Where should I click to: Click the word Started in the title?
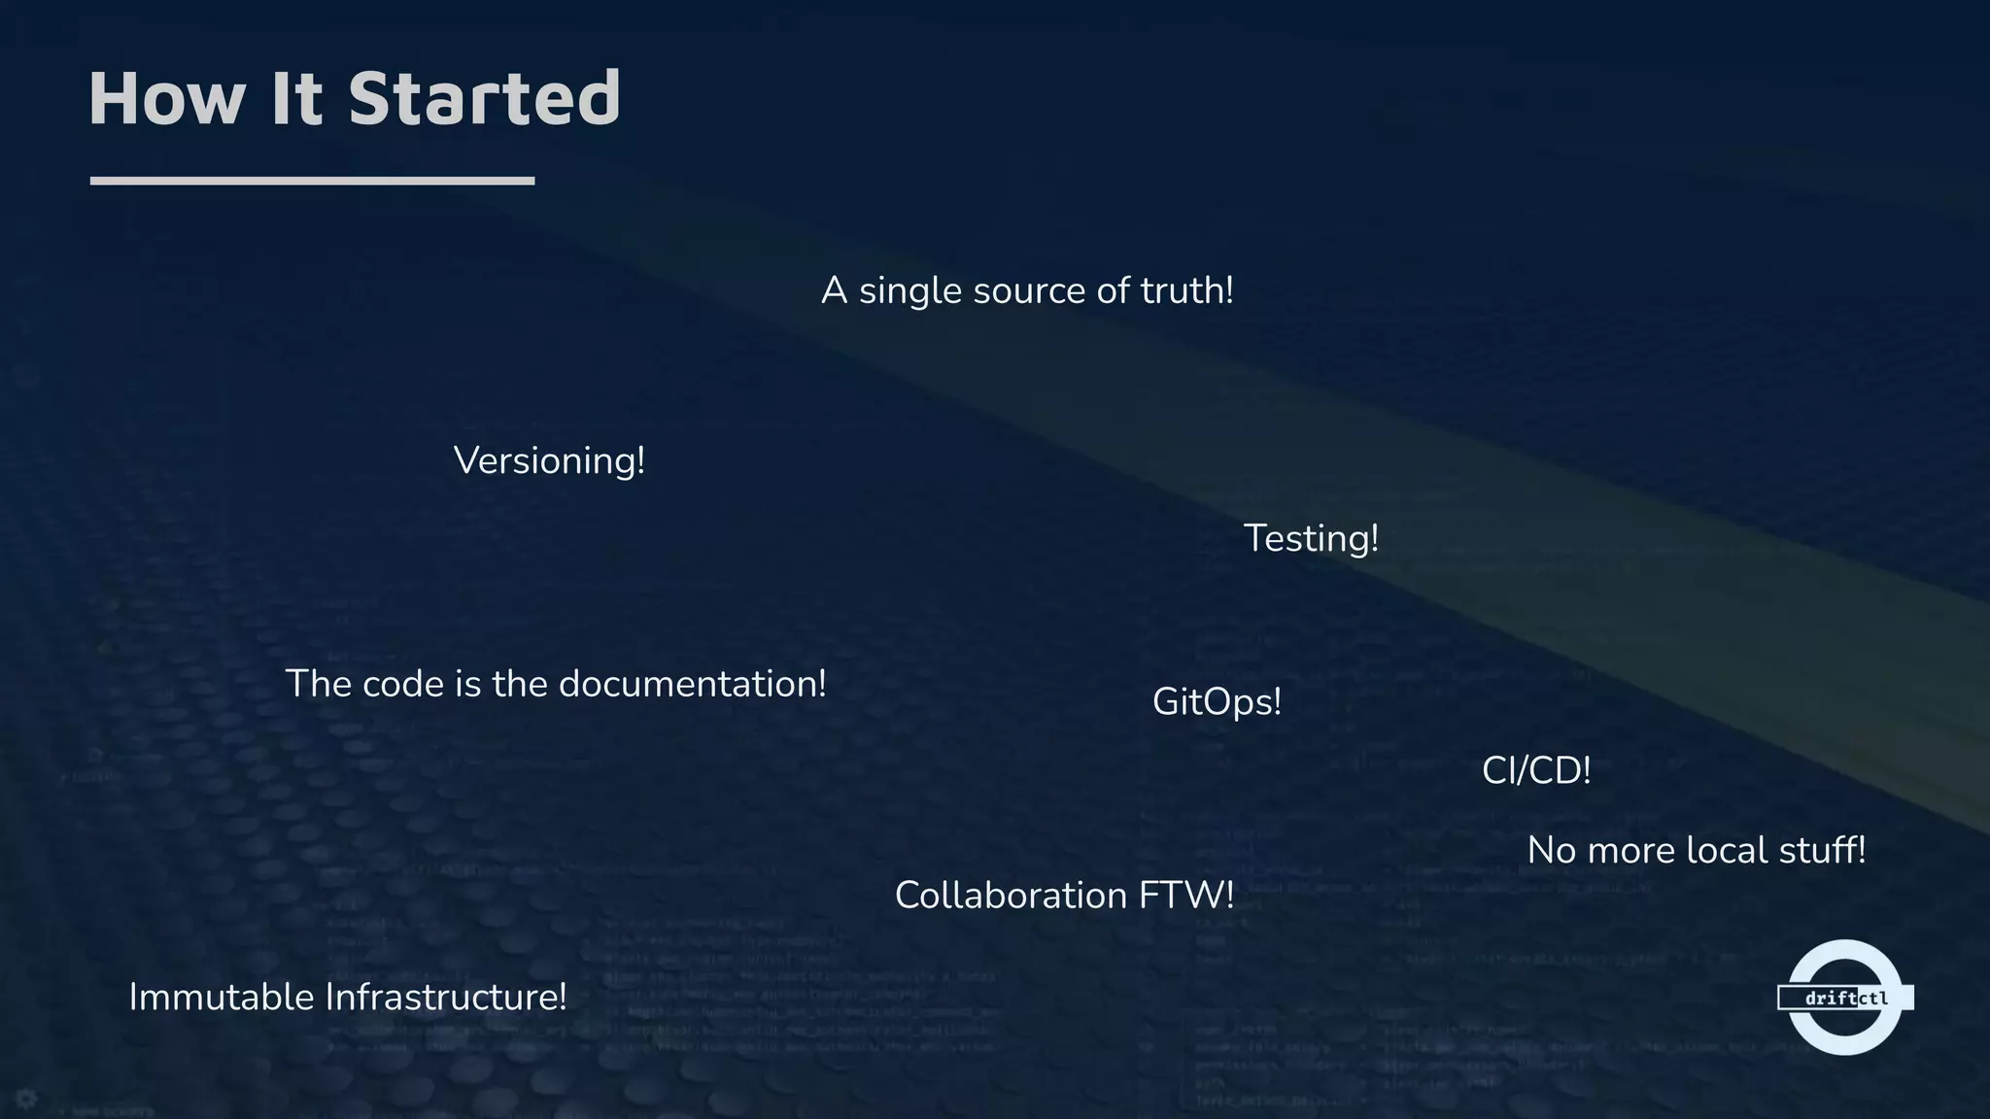(x=484, y=99)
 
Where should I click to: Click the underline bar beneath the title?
(x=312, y=181)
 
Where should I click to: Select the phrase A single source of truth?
(x=1027, y=290)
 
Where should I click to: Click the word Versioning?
(x=549, y=460)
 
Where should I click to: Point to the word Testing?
(x=1311, y=538)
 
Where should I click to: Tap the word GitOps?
(x=1217, y=701)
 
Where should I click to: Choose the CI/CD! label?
(x=1536, y=771)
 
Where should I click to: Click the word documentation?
(x=693, y=684)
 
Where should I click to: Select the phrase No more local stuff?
(x=1697, y=851)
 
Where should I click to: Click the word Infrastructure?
(x=445, y=998)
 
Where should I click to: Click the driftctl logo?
(x=1844, y=998)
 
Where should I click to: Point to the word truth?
(x=1186, y=290)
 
